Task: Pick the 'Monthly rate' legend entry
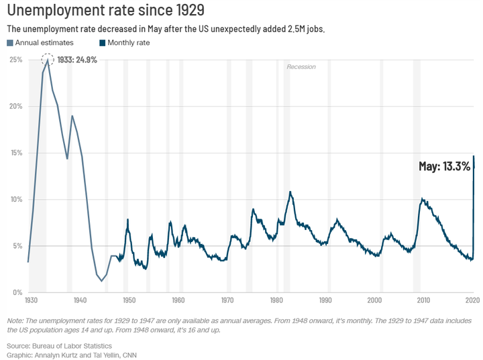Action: click(x=129, y=43)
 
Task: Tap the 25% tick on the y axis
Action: click(x=15, y=60)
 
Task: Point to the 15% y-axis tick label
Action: click(x=15, y=153)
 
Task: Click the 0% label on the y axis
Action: click(x=17, y=292)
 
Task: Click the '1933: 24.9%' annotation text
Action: click(x=78, y=60)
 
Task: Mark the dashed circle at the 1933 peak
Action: click(x=48, y=59)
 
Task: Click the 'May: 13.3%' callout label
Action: click(x=444, y=166)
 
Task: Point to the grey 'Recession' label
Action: click(x=301, y=67)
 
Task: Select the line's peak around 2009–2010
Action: click(x=422, y=199)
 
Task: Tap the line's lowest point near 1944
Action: click(x=101, y=281)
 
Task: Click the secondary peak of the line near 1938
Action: click(x=72, y=116)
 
